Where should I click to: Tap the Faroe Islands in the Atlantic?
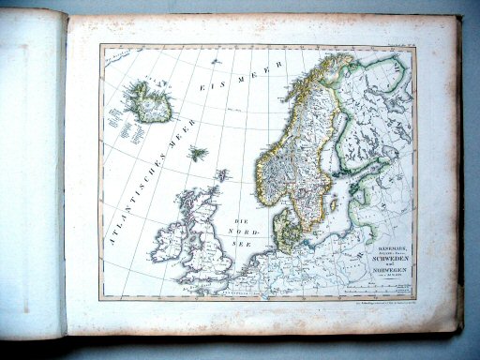tap(198, 153)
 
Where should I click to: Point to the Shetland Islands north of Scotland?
tap(222, 174)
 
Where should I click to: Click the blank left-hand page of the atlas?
tap(32, 178)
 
